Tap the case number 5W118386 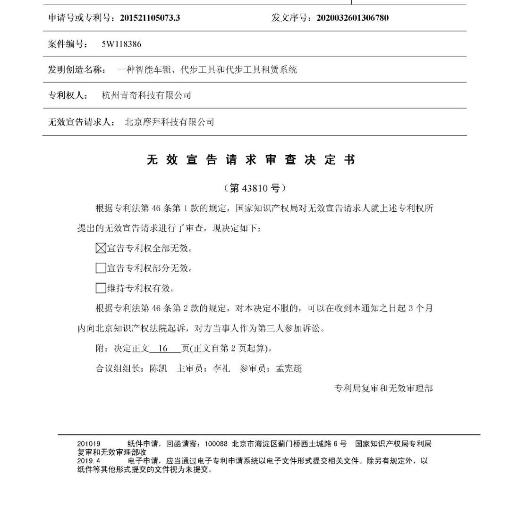click(121, 44)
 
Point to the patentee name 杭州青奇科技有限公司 click(147, 96)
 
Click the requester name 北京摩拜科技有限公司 click(169, 122)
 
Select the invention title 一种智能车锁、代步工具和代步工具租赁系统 click(207, 70)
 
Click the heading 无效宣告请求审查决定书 click(250, 160)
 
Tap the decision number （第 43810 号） click(255, 188)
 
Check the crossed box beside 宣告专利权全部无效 click(101, 248)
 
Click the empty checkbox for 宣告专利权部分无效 click(101, 268)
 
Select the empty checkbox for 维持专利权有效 click(101, 288)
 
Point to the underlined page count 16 click(164, 349)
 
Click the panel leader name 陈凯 click(158, 368)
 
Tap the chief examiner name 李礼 click(221, 368)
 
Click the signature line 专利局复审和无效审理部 click(383, 389)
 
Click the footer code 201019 click(89, 444)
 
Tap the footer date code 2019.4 click(89, 461)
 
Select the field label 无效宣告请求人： click(81, 122)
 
